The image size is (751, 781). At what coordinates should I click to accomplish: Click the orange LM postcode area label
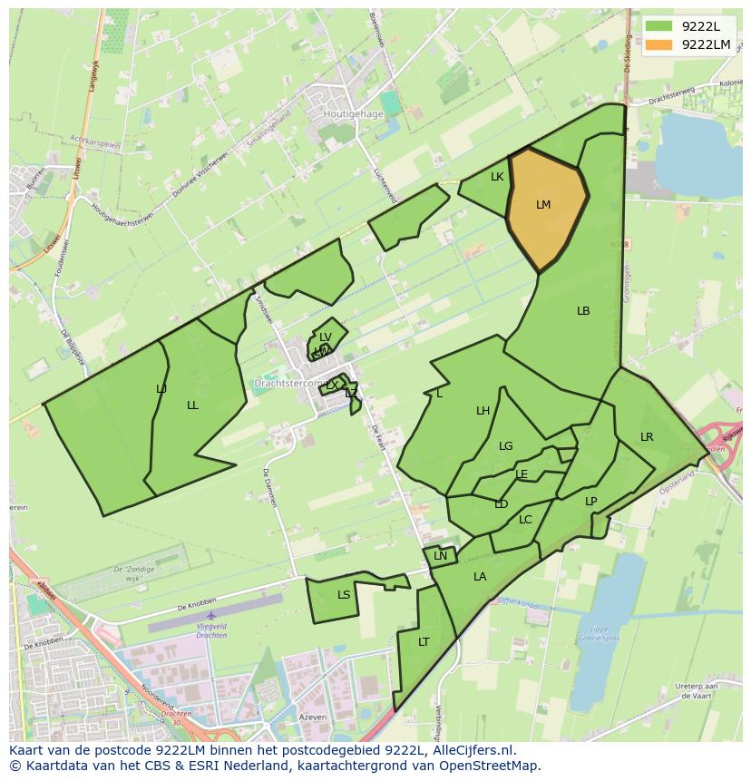pyautogui.click(x=543, y=205)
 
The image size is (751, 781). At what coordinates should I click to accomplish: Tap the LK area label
pyautogui.click(x=497, y=177)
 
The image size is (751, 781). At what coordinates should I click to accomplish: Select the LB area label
pyautogui.click(x=583, y=311)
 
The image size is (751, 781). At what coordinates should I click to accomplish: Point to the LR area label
pyautogui.click(x=647, y=437)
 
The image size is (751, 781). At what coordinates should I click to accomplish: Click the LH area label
pyautogui.click(x=483, y=411)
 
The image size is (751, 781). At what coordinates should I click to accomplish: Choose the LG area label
pyautogui.click(x=506, y=446)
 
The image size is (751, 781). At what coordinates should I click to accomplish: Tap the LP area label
pyautogui.click(x=591, y=502)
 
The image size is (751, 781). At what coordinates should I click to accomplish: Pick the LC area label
pyautogui.click(x=525, y=520)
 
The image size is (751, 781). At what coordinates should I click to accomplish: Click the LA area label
pyautogui.click(x=480, y=577)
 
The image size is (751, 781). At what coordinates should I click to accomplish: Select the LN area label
pyautogui.click(x=441, y=556)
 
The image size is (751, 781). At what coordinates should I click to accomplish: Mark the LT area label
pyautogui.click(x=424, y=642)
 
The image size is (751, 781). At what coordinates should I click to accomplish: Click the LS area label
pyautogui.click(x=344, y=595)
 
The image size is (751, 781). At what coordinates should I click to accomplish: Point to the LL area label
pyautogui.click(x=192, y=405)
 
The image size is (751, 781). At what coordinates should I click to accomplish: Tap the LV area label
pyautogui.click(x=326, y=337)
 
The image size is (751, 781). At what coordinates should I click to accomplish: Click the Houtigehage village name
pyautogui.click(x=353, y=114)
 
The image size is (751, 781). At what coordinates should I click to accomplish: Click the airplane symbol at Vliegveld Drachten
pyautogui.click(x=210, y=616)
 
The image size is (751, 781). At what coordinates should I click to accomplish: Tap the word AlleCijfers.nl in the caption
pyautogui.click(x=471, y=750)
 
